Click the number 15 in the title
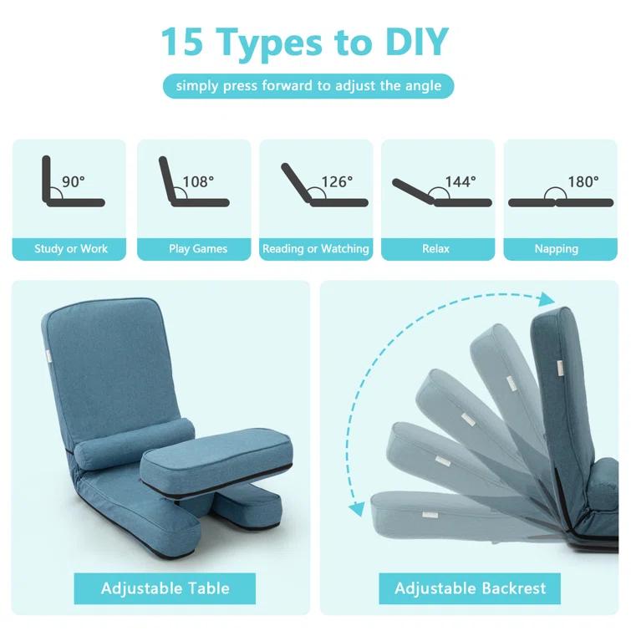(184, 42)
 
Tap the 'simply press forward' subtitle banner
(308, 86)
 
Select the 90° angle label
(74, 181)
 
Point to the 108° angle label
(198, 181)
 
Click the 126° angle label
(337, 181)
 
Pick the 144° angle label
(461, 181)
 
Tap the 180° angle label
(583, 181)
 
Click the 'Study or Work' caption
(71, 249)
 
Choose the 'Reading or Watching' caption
(316, 249)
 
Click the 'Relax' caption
(436, 249)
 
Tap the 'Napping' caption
(557, 249)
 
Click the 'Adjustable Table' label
(165, 588)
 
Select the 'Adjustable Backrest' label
(471, 588)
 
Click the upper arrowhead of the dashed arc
(547, 299)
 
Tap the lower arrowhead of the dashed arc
(357, 506)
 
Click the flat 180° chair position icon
(556, 201)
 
